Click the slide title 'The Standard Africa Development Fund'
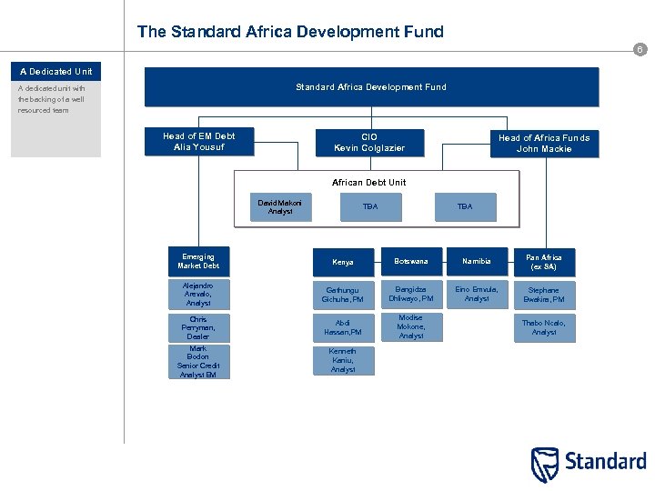click(x=290, y=32)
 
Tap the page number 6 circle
click(x=640, y=50)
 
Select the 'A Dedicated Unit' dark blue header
click(x=56, y=71)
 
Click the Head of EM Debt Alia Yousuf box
click(x=198, y=142)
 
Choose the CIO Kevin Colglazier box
click(x=369, y=142)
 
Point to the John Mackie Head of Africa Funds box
click(x=544, y=144)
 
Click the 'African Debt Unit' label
click(x=369, y=182)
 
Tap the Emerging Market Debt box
click(x=198, y=261)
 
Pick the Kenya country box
click(x=343, y=262)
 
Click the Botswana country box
click(x=411, y=262)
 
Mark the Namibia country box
click(x=477, y=262)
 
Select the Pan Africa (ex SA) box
click(x=544, y=262)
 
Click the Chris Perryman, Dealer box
click(x=198, y=328)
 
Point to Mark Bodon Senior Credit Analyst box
click(x=198, y=362)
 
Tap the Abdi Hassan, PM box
click(x=343, y=327)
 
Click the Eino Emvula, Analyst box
click(x=477, y=294)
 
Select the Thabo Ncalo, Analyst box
click(x=544, y=327)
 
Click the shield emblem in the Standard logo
click(x=545, y=464)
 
